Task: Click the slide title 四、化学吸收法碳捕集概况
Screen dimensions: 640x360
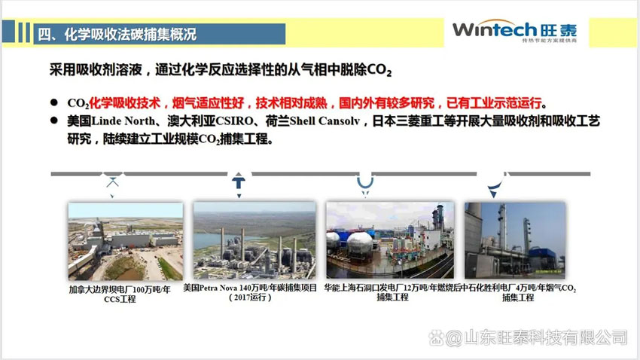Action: [117, 34]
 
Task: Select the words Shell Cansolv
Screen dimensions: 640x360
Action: [325, 121]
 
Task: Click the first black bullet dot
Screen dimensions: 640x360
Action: [54, 102]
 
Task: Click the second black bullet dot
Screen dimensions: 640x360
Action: [54, 121]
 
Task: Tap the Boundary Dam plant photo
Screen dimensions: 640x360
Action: [125, 241]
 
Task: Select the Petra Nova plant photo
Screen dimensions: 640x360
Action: [254, 240]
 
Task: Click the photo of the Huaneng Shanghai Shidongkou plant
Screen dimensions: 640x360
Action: [390, 240]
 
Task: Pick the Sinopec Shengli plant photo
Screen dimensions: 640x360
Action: [515, 240]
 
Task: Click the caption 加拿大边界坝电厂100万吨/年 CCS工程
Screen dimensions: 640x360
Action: [120, 294]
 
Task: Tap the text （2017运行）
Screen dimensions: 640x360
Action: [250, 297]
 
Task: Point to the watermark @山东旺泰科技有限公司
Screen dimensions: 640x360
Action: [528, 337]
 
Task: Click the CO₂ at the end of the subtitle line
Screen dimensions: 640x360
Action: [379, 70]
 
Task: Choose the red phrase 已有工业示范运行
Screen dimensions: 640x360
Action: [494, 103]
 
